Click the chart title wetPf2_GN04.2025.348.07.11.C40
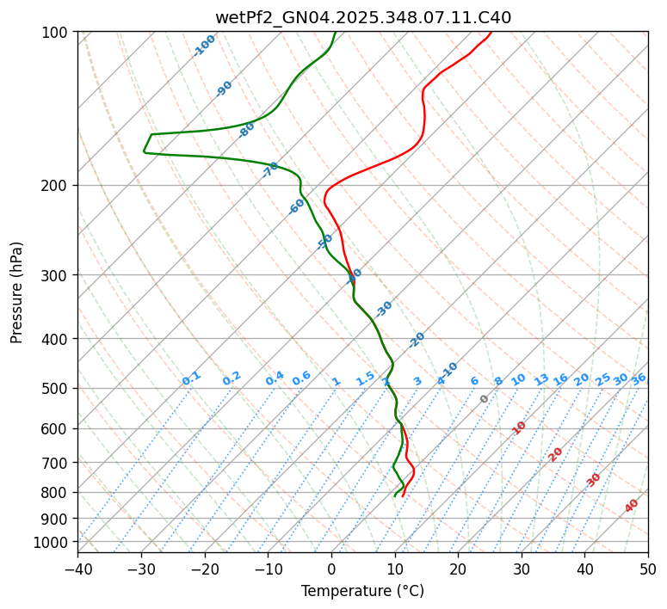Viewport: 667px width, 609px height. (x=362, y=16)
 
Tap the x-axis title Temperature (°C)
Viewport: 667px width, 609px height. (x=362, y=592)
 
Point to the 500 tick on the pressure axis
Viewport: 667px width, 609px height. (x=56, y=388)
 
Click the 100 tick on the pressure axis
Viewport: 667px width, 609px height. (x=56, y=32)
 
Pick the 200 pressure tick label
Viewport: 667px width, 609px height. (x=56, y=185)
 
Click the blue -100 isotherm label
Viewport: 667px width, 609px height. (x=204, y=46)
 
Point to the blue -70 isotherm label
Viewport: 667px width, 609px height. (x=270, y=169)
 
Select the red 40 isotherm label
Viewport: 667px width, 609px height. (x=632, y=506)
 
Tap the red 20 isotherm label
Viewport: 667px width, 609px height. (x=556, y=453)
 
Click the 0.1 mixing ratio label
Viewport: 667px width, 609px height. (x=191, y=378)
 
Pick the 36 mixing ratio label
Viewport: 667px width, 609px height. (x=639, y=378)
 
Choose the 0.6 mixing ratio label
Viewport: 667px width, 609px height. (x=301, y=378)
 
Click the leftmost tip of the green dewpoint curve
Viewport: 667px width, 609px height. (x=144, y=152)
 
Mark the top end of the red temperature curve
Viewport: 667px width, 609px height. (x=491, y=32)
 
